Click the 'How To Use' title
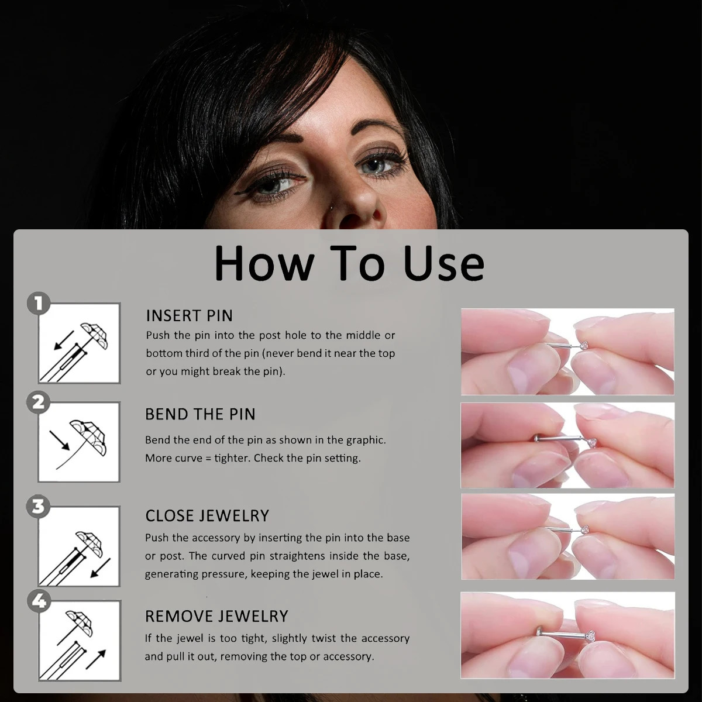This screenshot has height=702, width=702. [349, 263]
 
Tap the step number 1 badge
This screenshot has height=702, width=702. [39, 304]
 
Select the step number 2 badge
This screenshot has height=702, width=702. [39, 402]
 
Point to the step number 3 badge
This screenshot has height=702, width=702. [39, 506]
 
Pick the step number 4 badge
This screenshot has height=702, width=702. [39, 602]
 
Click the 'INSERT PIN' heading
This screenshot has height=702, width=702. [189, 316]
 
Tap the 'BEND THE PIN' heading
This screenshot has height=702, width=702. [200, 414]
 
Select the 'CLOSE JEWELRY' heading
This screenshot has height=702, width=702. [207, 515]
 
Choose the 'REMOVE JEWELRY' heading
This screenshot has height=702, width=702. [216, 616]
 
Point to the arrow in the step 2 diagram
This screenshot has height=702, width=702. [60, 441]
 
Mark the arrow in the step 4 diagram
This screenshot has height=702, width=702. [95, 659]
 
